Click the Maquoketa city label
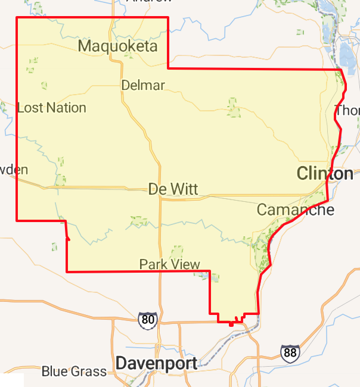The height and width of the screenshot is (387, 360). click(117, 46)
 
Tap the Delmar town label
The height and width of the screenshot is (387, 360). click(142, 85)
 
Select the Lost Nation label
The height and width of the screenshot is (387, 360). click(52, 108)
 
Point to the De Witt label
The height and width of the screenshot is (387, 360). click(173, 189)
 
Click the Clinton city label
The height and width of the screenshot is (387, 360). click(325, 173)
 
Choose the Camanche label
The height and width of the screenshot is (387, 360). click(295, 210)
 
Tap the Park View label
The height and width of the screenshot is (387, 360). click(169, 264)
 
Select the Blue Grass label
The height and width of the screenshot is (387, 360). click(74, 372)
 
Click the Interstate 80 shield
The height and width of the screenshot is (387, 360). click(148, 320)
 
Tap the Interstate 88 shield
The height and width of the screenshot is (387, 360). click(290, 353)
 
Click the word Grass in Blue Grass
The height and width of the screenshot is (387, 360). click(89, 372)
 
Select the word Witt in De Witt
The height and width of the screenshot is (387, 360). click(184, 189)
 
